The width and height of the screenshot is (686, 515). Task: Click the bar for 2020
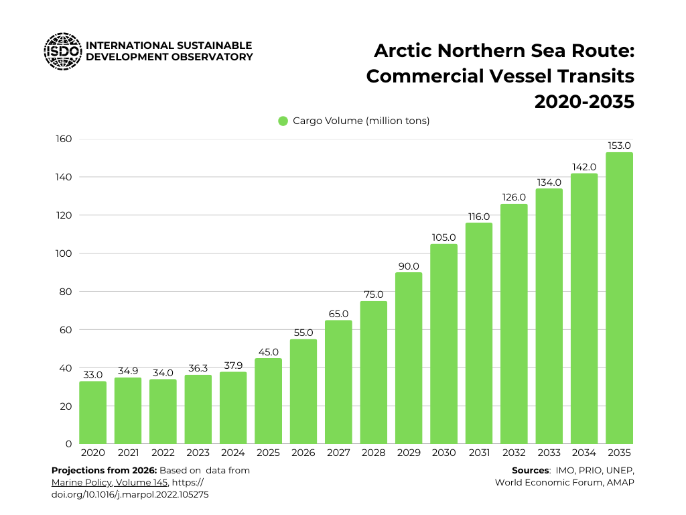click(92, 412)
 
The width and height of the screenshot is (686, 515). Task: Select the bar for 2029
click(409, 358)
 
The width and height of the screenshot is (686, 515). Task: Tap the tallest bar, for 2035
click(619, 298)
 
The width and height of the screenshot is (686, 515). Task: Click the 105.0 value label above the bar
click(443, 237)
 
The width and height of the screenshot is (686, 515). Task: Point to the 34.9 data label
click(128, 371)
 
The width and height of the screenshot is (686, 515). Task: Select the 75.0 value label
click(373, 294)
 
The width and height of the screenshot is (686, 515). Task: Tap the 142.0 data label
click(584, 167)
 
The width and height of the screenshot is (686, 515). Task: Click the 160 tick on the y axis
click(64, 139)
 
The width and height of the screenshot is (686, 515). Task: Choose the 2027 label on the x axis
click(338, 453)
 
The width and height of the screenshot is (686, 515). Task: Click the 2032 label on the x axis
click(514, 453)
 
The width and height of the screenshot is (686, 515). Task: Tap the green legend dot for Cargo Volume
click(283, 121)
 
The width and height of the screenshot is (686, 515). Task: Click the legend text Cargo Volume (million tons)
click(361, 121)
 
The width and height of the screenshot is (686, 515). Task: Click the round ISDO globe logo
click(62, 52)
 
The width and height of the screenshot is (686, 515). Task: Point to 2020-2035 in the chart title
click(584, 102)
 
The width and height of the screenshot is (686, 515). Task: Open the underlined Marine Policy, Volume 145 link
click(109, 482)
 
